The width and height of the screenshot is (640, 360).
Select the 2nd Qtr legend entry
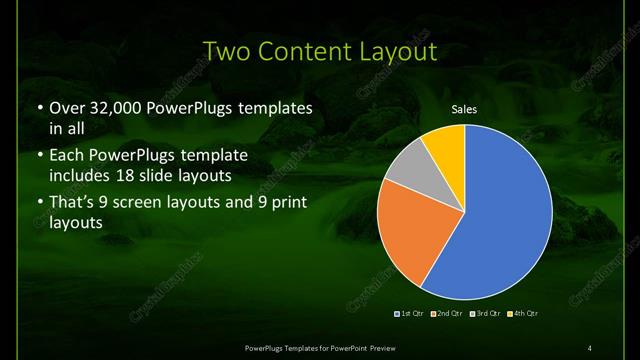tap(447, 314)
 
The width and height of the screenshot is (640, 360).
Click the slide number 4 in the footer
tap(590, 347)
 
